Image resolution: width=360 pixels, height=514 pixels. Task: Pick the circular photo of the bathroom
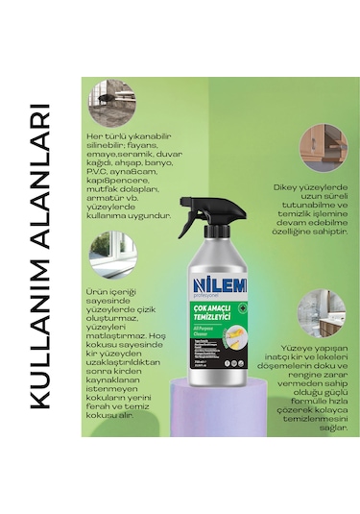[320, 312]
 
